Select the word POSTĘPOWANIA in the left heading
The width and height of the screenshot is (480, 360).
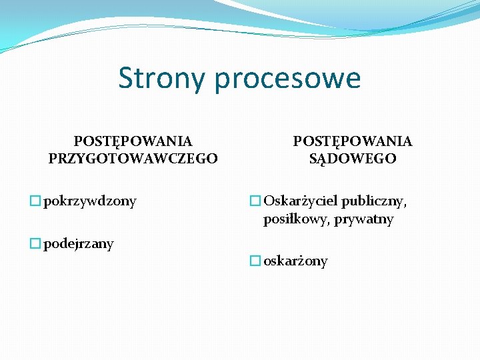[133, 141]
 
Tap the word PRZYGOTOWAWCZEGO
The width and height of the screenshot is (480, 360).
[133, 159]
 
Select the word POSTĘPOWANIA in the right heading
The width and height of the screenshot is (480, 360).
[353, 141]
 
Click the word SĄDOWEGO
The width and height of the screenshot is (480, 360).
[353, 159]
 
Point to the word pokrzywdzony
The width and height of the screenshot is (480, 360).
[90, 201]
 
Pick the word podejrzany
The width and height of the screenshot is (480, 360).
[79, 244]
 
